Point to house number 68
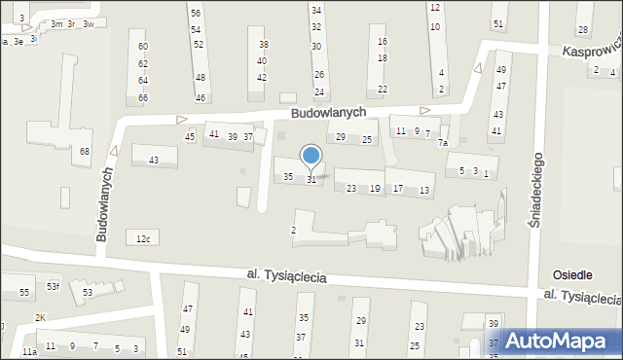click(85, 151)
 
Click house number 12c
click(144, 238)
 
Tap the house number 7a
click(442, 143)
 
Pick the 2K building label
click(40, 318)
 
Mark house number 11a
click(29, 350)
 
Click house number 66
click(143, 97)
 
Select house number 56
click(196, 13)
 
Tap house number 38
click(263, 45)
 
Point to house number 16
click(382, 42)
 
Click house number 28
click(582, 30)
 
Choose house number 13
click(424, 190)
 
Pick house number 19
click(375, 189)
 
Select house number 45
click(190, 136)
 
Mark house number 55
click(24, 292)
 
